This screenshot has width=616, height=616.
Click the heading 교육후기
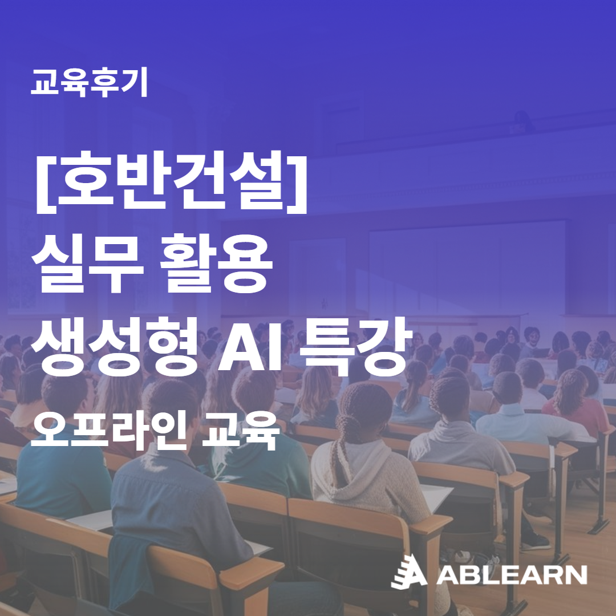pyautogui.click(x=89, y=82)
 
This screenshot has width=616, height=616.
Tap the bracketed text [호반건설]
pyautogui.click(x=171, y=182)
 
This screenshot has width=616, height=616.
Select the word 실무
pyautogui.click(x=88, y=263)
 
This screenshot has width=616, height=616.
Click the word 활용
pyautogui.click(x=216, y=263)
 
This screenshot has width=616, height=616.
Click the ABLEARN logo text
pyautogui.click(x=512, y=575)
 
